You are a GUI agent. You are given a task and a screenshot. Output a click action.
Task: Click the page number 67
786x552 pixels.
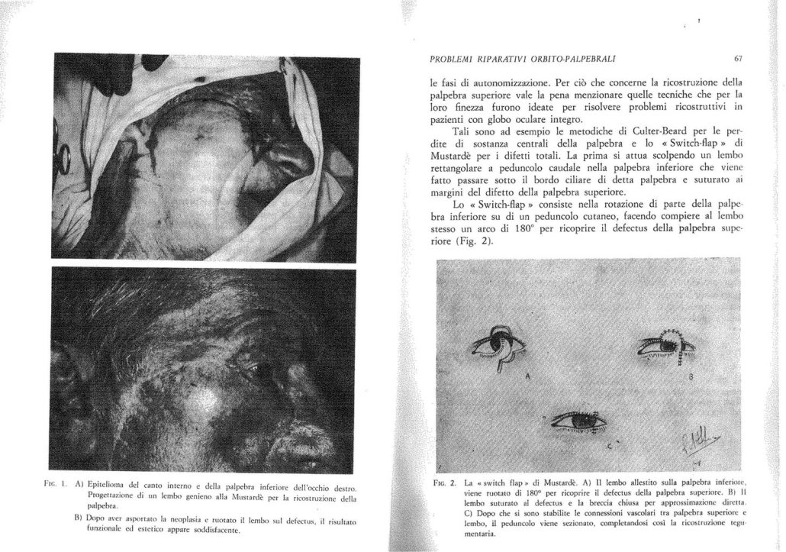pos(737,58)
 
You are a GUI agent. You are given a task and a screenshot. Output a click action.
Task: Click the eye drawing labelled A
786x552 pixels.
pos(498,348)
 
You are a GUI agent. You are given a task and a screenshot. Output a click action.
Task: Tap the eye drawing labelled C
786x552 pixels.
pos(579,418)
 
